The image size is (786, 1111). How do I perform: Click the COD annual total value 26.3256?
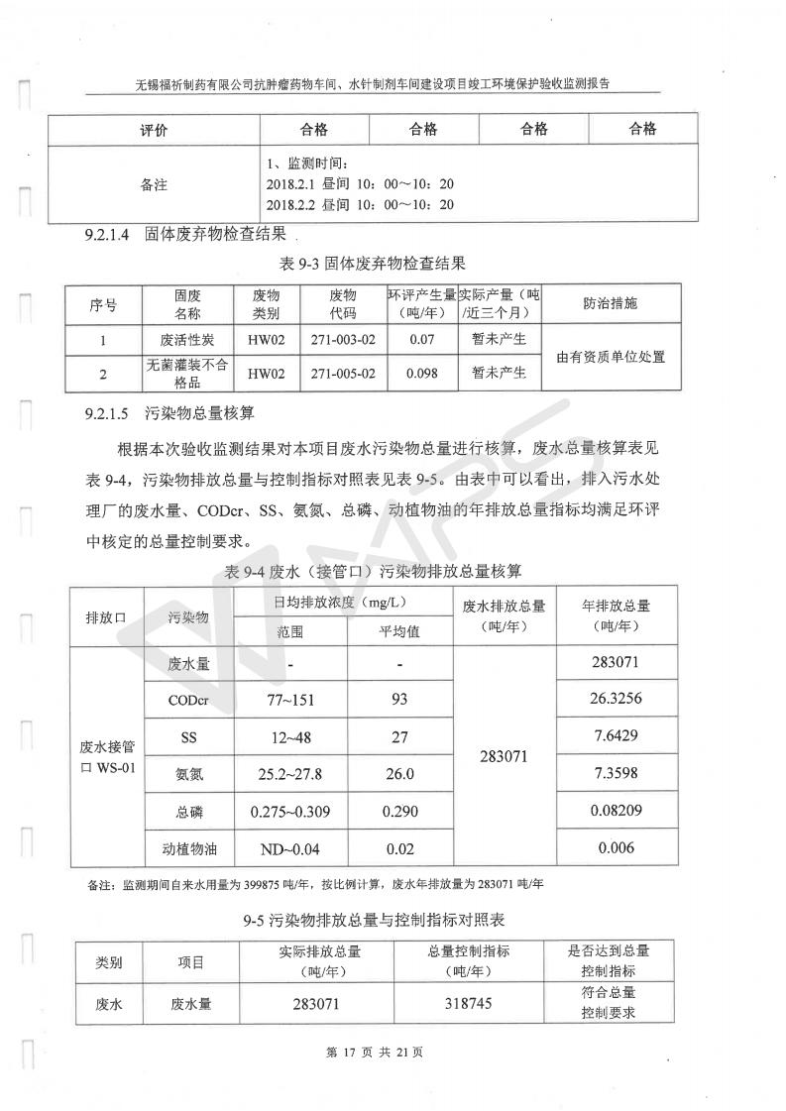point(616,699)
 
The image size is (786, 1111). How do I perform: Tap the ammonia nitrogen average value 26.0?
point(399,775)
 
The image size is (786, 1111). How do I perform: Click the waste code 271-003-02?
point(343,340)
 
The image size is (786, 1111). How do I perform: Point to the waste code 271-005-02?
point(343,373)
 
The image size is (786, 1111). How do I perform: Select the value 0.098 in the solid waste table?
point(421,373)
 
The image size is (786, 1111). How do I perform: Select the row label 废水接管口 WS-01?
point(107,756)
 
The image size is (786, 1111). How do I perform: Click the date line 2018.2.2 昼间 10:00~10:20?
point(360,205)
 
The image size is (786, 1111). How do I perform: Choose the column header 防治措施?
point(611,303)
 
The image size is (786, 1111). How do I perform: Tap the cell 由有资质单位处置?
point(611,357)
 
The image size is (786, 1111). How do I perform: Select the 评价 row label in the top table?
point(153,129)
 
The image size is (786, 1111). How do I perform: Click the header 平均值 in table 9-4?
point(399,630)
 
